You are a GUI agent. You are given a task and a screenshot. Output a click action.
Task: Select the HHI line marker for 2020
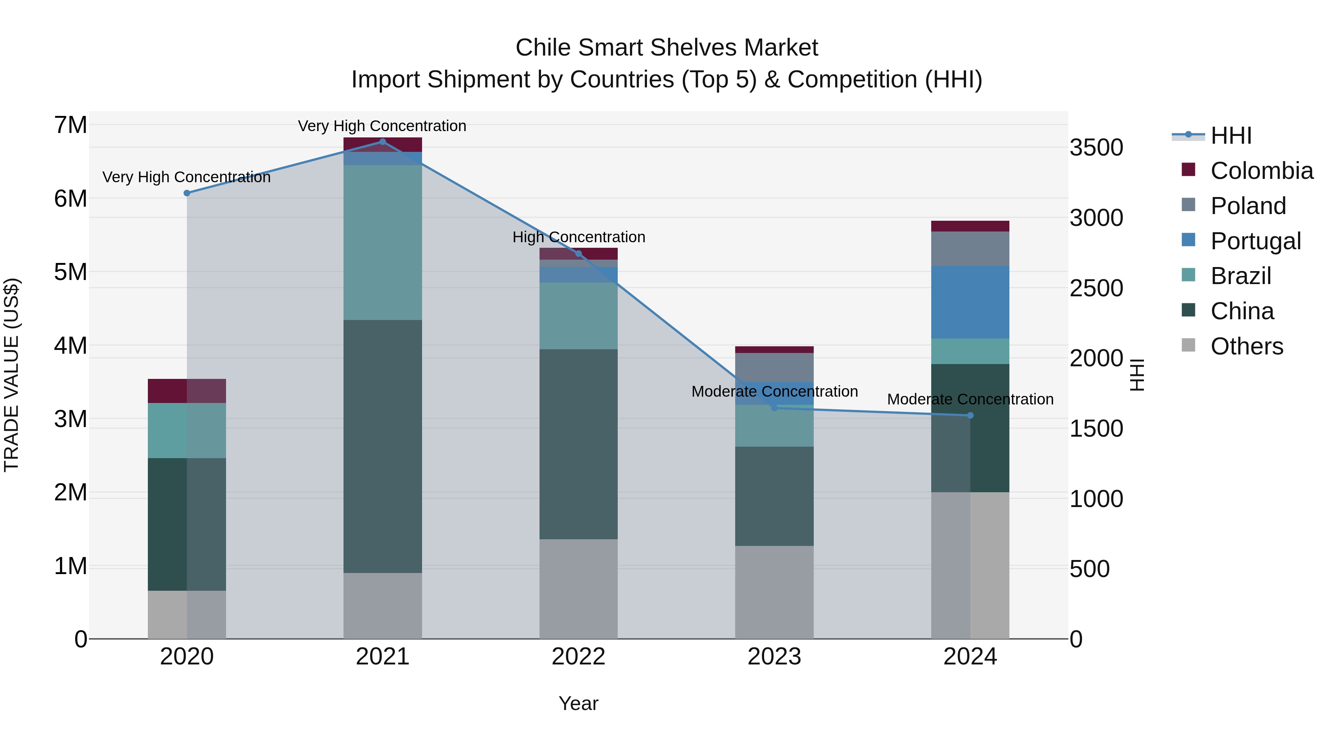pos(187,193)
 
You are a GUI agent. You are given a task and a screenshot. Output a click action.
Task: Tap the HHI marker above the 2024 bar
pos(970,416)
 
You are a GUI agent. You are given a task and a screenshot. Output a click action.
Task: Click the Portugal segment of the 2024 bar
pos(970,302)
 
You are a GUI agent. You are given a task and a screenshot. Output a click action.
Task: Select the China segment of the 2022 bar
pos(578,444)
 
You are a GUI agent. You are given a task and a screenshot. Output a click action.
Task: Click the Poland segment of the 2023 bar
pos(774,367)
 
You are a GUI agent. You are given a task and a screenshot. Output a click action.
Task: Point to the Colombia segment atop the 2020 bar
pos(187,391)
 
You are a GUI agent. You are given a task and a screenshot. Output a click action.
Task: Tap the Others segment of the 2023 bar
pos(774,592)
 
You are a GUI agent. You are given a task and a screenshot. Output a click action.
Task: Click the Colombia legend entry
pos(1261,171)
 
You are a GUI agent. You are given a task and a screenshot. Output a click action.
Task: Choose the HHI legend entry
pos(1231,136)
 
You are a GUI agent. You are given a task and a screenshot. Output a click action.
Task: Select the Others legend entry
pos(1247,346)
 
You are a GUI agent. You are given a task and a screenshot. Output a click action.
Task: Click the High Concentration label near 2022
pos(578,237)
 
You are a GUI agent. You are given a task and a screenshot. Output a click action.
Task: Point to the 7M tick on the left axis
pos(70,125)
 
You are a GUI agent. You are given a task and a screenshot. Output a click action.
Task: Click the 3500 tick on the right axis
pos(1096,147)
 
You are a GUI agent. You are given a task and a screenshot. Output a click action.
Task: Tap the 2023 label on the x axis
pos(774,657)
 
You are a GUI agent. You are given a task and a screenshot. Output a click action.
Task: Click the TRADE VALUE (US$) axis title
pos(11,375)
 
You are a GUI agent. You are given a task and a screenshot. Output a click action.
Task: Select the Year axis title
pos(578,703)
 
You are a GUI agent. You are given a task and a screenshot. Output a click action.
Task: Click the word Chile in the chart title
pos(543,48)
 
